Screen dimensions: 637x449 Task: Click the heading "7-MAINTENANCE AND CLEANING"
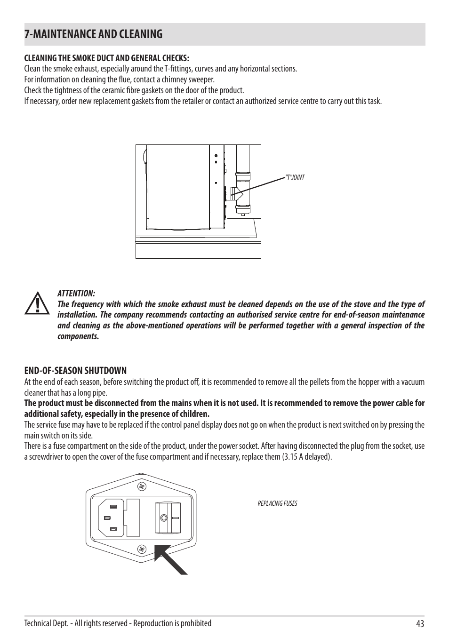tap(94, 34)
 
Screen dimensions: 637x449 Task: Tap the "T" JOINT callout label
tap(295, 177)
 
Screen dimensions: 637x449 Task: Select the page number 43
tap(420, 624)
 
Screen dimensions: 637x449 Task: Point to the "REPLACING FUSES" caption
tap(277, 503)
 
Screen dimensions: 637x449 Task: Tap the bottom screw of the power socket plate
tap(141, 549)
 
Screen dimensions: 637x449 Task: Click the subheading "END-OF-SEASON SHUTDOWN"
tap(75, 371)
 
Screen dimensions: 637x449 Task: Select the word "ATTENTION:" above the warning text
tap(76, 294)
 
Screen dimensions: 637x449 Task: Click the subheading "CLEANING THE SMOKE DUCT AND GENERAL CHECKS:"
tap(107, 58)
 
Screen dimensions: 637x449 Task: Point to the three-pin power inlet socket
tap(112, 518)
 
